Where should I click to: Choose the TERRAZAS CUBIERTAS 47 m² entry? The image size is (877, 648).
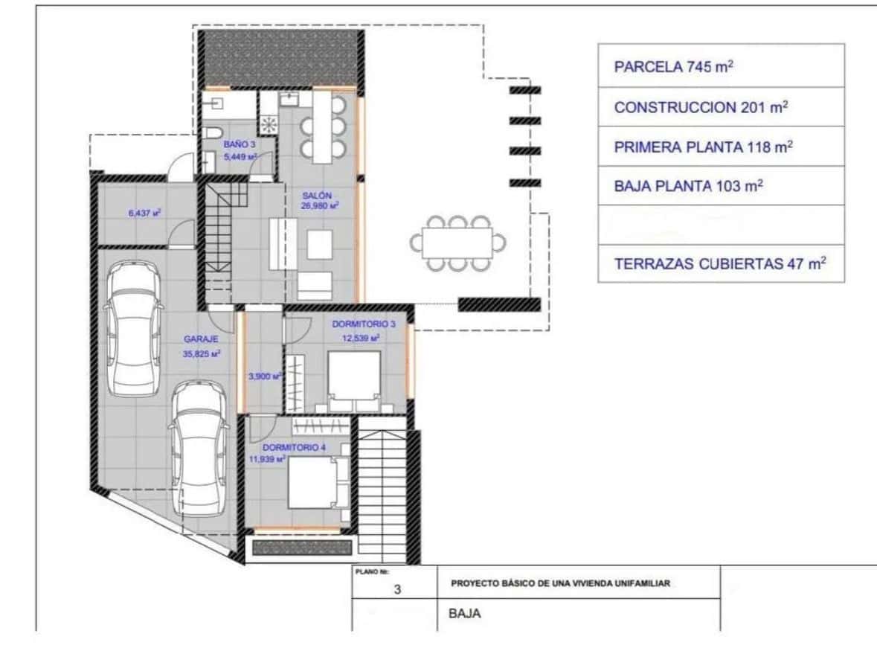(720, 263)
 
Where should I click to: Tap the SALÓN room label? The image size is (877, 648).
(312, 196)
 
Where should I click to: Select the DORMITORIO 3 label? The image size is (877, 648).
(364, 324)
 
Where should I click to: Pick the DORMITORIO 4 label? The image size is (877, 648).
(294, 448)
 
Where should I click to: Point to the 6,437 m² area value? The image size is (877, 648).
(145, 212)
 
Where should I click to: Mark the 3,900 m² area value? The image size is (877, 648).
(264, 376)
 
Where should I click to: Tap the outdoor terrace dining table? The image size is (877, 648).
(456, 243)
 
